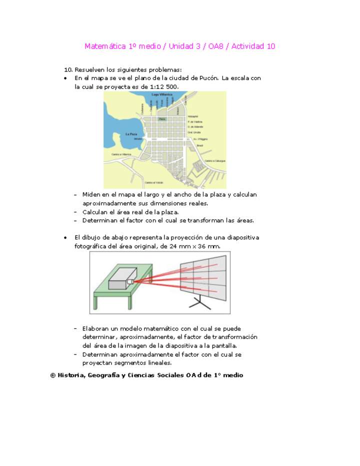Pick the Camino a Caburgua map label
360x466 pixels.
click(x=215, y=161)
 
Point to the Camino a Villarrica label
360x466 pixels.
click(x=121, y=154)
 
